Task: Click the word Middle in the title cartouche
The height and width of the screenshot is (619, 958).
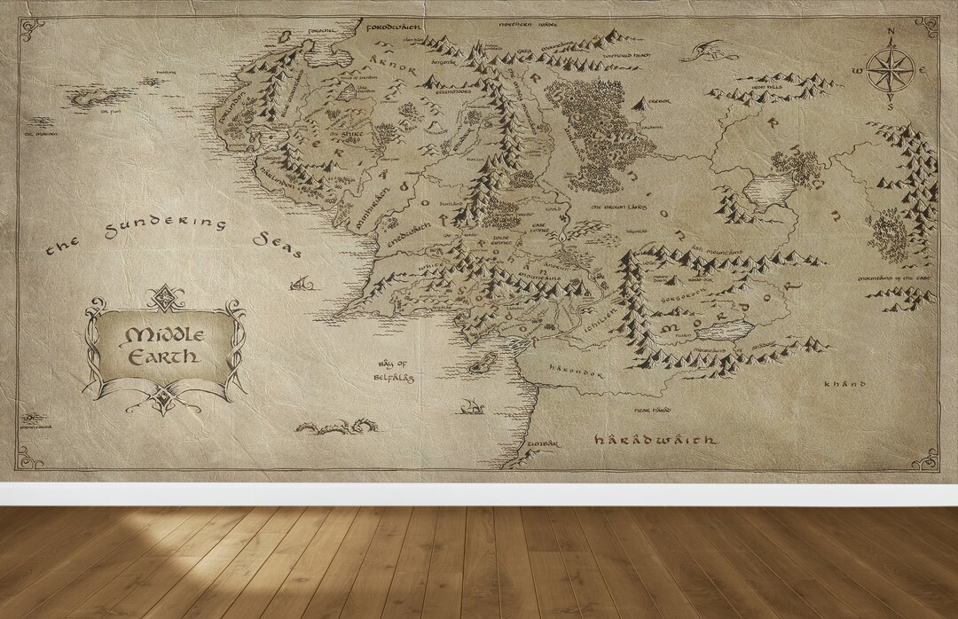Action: pos(165,335)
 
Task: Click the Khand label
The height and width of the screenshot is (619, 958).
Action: pos(843,384)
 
